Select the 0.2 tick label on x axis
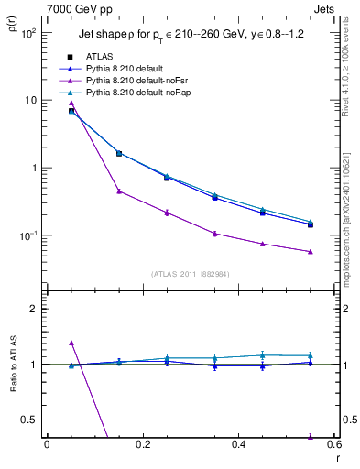[x=142, y=444]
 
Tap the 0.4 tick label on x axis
[x=238, y=444]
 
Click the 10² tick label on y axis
[x=27, y=33]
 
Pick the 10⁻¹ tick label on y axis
[x=27, y=235]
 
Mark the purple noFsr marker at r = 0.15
[x=119, y=191]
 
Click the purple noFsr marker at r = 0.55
[x=311, y=251]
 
